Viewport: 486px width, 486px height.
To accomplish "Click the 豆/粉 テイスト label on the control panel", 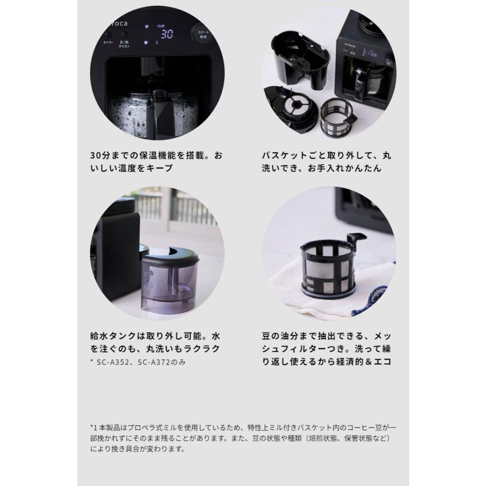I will [125, 43].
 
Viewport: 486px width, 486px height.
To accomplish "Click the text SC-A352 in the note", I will [117, 362].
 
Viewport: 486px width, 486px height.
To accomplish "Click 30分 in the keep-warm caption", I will [101, 156].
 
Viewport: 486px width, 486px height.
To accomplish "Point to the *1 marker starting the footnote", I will [93, 427].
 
